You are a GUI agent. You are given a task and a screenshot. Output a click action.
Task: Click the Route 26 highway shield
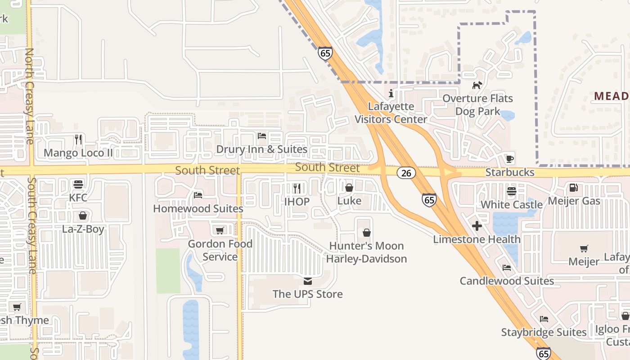coord(406,173)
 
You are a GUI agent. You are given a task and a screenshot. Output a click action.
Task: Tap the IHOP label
coord(297,202)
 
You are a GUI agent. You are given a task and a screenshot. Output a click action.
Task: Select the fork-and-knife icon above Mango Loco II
coord(78,139)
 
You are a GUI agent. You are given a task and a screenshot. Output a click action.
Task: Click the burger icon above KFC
coord(78,184)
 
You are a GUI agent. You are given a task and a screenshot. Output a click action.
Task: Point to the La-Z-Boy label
coord(83,229)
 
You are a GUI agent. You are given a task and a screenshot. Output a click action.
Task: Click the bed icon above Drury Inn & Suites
coord(262,136)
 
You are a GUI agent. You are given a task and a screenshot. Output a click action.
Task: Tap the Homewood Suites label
coord(198,209)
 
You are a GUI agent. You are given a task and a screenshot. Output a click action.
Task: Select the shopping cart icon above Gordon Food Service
coord(220,231)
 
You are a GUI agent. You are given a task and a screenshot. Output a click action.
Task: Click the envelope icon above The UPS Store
coord(308,281)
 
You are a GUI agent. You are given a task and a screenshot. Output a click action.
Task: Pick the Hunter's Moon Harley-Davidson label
coord(366,252)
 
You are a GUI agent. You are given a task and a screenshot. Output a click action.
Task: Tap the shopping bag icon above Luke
coord(349,188)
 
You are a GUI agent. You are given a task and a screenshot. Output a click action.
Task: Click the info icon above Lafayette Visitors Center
coord(391,94)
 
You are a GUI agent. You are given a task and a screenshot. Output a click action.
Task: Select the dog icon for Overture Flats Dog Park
coord(477,85)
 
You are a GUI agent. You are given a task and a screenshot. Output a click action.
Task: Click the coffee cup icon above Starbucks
coord(509,159)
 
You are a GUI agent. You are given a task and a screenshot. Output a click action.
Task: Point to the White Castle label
coord(512,205)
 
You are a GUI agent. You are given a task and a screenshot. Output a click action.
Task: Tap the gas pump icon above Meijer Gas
coord(574,188)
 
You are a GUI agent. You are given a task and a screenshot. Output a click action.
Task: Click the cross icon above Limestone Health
coord(477,226)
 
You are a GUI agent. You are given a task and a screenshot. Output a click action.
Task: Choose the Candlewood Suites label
coord(507,281)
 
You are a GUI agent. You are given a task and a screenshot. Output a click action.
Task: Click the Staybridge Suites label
coord(544,333)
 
